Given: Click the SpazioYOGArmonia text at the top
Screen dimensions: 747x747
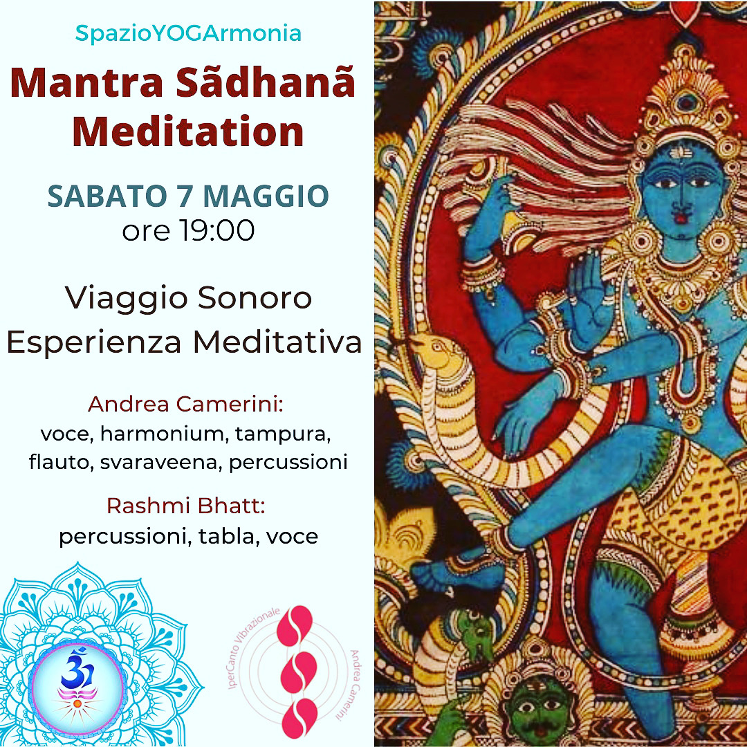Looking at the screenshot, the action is (188, 33).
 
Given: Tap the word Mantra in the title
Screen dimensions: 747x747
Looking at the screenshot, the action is (86, 83).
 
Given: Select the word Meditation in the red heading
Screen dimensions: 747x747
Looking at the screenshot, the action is (188, 131).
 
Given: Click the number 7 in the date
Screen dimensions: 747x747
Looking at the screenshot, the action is (185, 196).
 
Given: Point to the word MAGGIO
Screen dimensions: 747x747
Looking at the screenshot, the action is (266, 196).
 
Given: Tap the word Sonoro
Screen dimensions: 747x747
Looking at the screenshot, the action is (255, 297).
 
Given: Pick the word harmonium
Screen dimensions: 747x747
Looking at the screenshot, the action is (161, 434).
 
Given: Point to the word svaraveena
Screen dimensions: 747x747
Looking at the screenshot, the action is (158, 462).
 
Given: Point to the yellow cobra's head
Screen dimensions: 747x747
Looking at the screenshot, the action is (436, 356).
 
